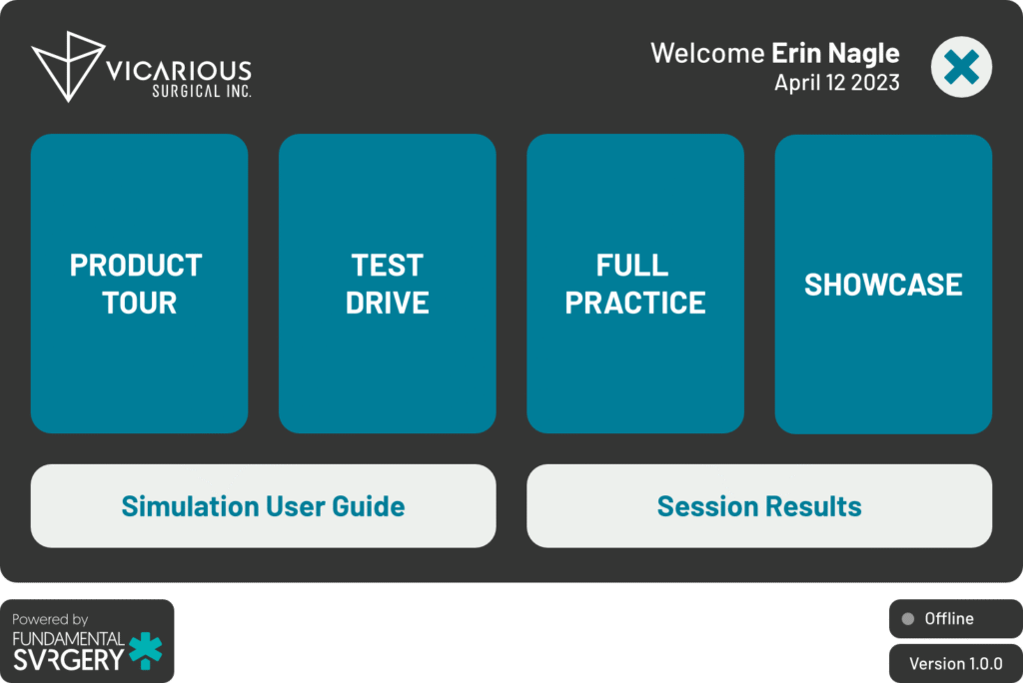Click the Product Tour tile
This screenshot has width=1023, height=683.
point(139,284)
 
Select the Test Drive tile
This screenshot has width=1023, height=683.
point(387,284)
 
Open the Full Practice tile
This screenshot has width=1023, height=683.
point(634,284)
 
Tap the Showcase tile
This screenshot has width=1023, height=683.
point(883,284)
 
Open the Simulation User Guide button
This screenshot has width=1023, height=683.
point(263,505)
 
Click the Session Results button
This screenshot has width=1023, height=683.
point(759,505)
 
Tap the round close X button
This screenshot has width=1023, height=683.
point(961,67)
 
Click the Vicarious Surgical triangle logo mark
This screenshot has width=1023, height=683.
point(68,66)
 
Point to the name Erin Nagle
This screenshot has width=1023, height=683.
point(835,54)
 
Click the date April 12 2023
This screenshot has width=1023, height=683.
point(837,83)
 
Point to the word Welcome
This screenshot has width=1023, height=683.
point(707,53)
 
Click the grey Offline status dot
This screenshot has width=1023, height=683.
point(907,618)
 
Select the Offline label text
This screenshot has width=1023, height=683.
point(949,618)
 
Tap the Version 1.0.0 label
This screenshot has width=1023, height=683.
point(956,663)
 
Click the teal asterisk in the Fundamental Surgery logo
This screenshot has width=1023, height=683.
point(146,650)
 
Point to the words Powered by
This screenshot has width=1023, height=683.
point(50,619)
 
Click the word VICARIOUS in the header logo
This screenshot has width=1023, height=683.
point(178,71)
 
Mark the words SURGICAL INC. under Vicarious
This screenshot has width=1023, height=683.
point(202,91)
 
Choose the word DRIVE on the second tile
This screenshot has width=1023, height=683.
point(387,303)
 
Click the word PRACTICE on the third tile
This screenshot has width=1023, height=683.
point(634,303)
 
